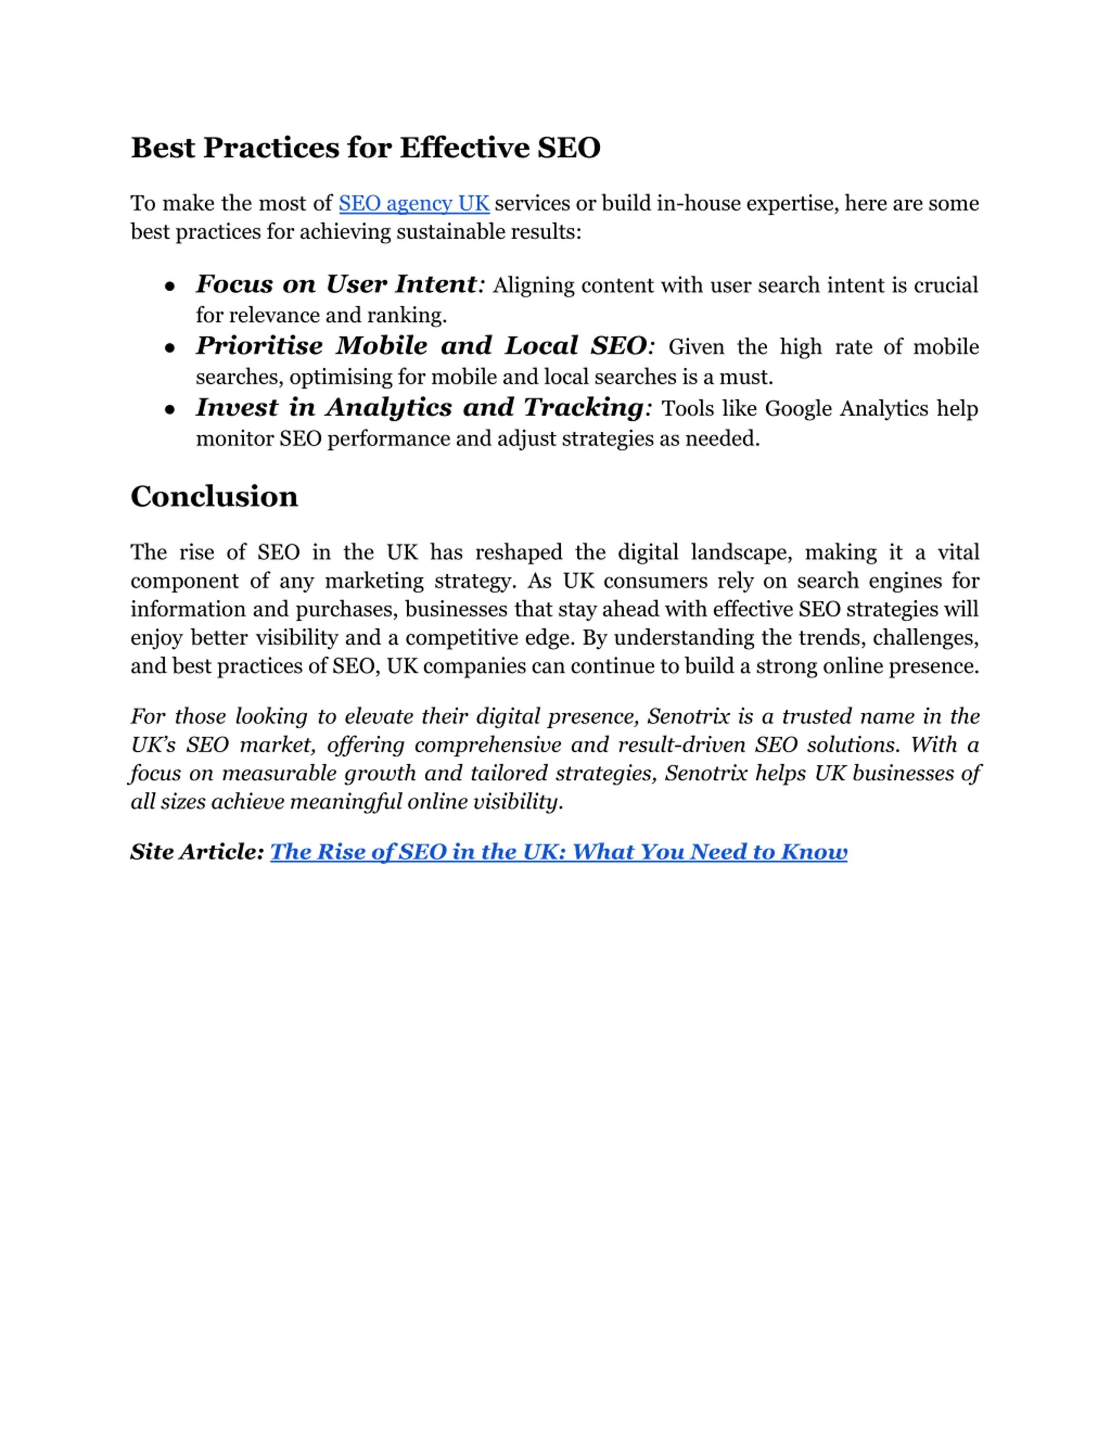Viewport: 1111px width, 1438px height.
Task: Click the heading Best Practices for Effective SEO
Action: [365, 148]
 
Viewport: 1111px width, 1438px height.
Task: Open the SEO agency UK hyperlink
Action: [414, 204]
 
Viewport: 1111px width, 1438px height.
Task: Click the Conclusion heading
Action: [214, 497]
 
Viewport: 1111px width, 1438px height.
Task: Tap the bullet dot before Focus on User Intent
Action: [170, 286]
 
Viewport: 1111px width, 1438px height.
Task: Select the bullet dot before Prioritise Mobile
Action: [170, 348]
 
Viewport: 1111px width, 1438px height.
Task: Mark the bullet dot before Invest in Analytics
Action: [170, 410]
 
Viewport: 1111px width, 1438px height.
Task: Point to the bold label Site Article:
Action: [197, 852]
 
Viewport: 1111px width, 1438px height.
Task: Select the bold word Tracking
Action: [582, 408]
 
